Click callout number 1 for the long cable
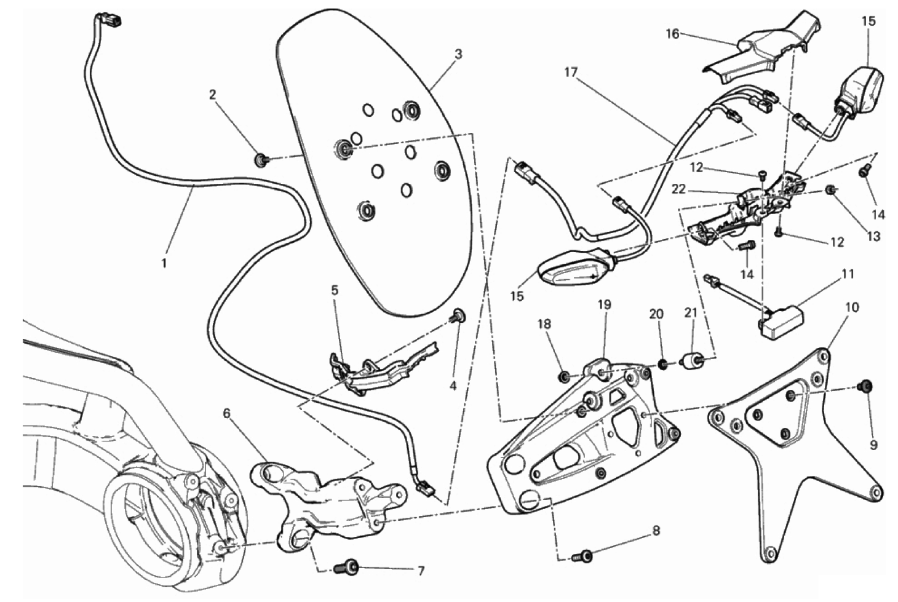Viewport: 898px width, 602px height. point(164,263)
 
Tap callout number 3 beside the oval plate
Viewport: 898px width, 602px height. point(458,54)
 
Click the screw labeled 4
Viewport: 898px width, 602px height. point(458,317)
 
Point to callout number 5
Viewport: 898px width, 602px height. point(335,290)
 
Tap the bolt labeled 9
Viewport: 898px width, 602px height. point(865,386)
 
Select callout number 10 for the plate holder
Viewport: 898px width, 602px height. point(852,307)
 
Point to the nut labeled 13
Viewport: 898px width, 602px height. point(832,190)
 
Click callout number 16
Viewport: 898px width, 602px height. point(672,33)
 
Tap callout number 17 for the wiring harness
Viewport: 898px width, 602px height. point(571,73)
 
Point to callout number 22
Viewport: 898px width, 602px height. point(678,190)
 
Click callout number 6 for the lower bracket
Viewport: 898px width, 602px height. point(226,413)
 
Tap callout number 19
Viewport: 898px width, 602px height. point(604,304)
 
